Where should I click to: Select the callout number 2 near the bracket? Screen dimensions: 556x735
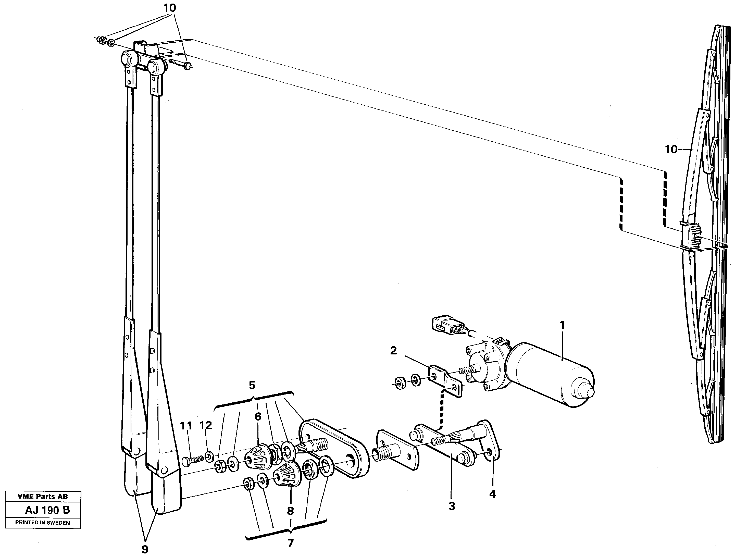click(393, 351)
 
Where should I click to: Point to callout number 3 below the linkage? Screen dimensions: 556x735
click(452, 506)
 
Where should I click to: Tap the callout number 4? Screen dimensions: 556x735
click(492, 494)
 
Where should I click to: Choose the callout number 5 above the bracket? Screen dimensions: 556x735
click(252, 385)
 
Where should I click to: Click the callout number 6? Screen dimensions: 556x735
click(258, 417)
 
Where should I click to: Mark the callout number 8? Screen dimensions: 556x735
click(290, 511)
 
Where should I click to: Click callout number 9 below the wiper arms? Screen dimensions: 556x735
click(145, 549)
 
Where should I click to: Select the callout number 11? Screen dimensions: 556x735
click(186, 426)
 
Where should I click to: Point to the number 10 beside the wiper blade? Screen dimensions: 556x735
click(671, 150)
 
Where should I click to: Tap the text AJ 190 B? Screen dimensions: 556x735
click(47, 510)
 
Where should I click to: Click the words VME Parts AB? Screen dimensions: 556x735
click(43, 497)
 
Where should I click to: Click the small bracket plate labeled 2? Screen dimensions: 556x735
click(445, 381)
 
